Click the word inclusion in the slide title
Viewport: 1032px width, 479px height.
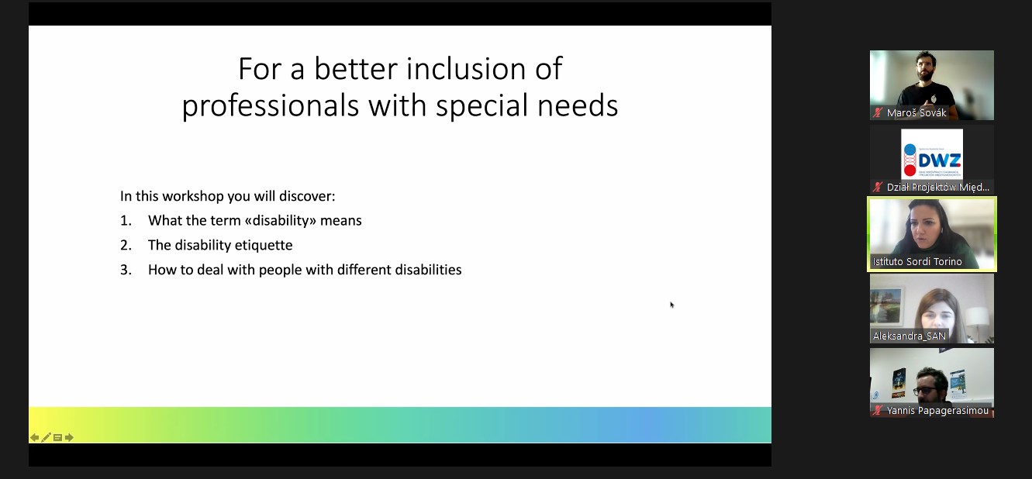tap(465, 69)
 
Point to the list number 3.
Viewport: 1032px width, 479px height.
tap(126, 270)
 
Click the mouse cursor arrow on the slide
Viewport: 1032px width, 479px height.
tap(672, 305)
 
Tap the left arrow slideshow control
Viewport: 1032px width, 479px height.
tap(35, 437)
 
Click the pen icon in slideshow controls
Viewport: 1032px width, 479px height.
tap(46, 437)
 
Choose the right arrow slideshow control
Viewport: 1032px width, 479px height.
tap(69, 437)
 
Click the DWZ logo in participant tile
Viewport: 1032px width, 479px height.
tap(931, 153)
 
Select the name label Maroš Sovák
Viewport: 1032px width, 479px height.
tap(916, 113)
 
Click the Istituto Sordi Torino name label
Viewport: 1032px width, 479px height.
tap(917, 262)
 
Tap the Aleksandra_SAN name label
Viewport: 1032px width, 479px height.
tap(909, 336)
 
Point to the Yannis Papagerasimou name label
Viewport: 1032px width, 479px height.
tap(937, 410)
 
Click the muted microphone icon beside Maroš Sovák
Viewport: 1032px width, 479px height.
tap(877, 113)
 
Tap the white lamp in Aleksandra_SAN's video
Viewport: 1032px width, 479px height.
tap(976, 320)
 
